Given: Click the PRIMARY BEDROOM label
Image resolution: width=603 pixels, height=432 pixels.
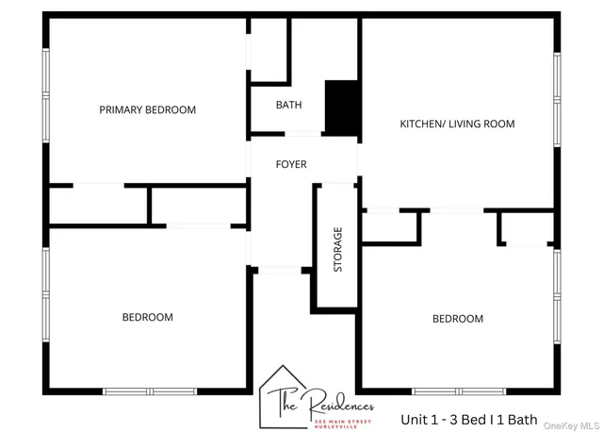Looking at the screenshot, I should click(x=148, y=110).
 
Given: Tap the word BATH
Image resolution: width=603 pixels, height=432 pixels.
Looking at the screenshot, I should click(x=288, y=105).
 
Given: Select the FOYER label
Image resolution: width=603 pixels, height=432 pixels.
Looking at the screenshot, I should click(x=291, y=164).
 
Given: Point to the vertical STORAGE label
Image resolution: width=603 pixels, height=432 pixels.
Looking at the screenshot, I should click(x=337, y=250).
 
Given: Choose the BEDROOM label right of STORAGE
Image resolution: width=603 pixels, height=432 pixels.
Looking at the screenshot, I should click(x=457, y=319).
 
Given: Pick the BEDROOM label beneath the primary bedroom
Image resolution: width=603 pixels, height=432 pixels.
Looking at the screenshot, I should click(x=148, y=317).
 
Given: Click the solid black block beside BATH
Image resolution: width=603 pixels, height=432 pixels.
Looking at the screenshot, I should click(x=341, y=108).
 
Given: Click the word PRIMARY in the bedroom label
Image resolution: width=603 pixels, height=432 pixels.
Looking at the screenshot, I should click(x=122, y=110).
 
